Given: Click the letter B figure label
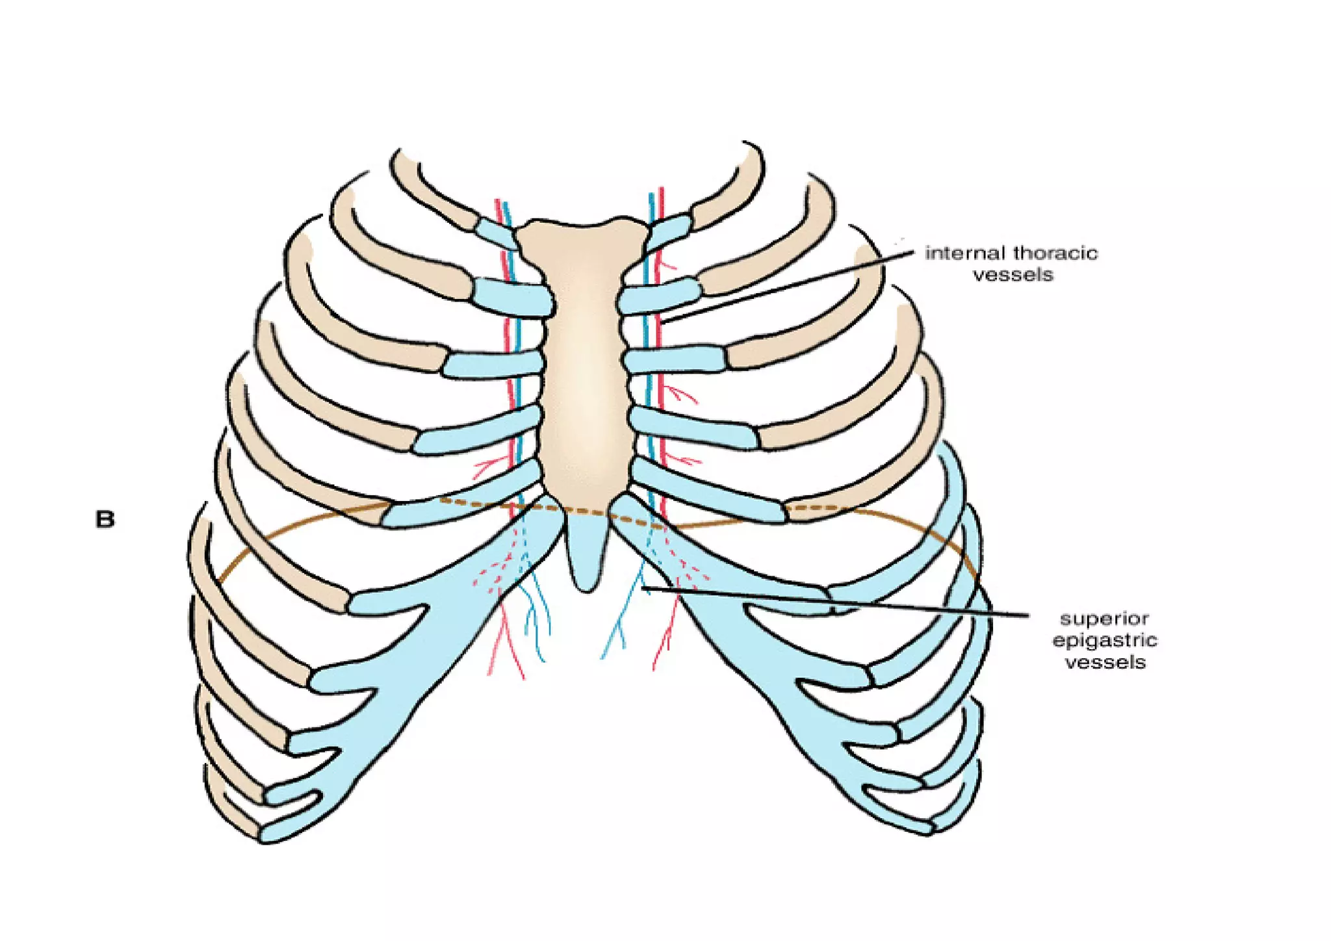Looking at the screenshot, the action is [105, 520].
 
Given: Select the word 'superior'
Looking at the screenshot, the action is [1104, 618].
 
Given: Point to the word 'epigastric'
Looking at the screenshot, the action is [1105, 640].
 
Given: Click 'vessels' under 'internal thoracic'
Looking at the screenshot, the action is [1013, 275].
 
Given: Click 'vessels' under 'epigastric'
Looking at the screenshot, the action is [1105, 662].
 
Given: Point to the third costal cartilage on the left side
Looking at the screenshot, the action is [494, 364].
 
